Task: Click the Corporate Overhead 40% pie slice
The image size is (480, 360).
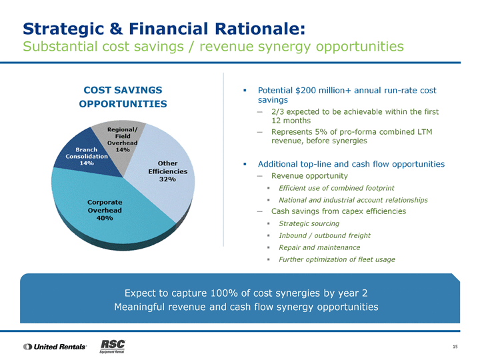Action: tap(104, 211)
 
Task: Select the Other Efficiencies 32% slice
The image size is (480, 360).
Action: tap(165, 175)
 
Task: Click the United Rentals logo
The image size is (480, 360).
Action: tap(55, 347)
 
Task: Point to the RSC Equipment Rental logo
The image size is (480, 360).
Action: tap(113, 346)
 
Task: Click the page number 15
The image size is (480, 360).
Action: tap(455, 347)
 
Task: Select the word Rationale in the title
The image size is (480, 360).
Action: tap(260, 29)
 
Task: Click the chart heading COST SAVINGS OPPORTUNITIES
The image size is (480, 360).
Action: tap(123, 97)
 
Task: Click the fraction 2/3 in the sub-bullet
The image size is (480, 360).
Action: tap(277, 111)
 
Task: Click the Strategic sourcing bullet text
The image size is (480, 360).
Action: tap(309, 223)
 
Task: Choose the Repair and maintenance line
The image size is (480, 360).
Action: tap(319, 247)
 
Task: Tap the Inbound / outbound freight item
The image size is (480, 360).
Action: tap(325, 235)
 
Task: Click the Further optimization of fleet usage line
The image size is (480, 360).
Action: tap(337, 259)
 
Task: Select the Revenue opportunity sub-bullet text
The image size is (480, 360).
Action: tap(309, 176)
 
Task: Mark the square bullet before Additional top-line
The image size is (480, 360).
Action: tap(245, 164)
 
